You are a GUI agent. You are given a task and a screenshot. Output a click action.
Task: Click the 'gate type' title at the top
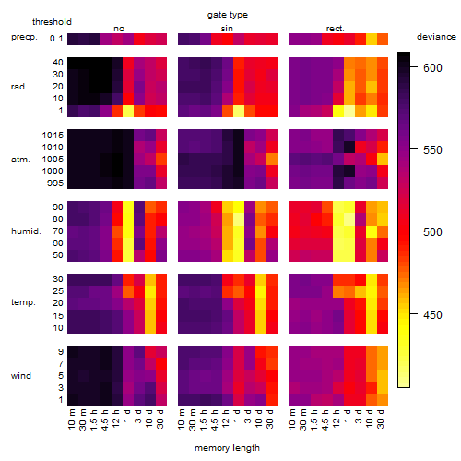pyautogui.click(x=228, y=15)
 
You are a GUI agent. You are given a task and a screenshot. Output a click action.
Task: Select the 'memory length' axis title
pyautogui.click(x=227, y=448)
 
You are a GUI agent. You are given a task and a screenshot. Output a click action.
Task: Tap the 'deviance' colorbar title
pyautogui.click(x=436, y=37)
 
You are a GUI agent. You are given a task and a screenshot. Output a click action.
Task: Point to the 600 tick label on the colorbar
pyautogui.click(x=432, y=67)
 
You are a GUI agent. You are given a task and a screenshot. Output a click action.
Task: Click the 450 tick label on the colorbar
pyautogui.click(x=432, y=314)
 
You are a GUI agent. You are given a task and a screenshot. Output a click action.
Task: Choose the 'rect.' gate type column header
pyautogui.click(x=335, y=29)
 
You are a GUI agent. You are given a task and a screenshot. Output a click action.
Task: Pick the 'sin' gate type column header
pyautogui.click(x=227, y=29)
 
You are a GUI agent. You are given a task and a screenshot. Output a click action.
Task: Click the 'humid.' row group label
pyautogui.click(x=26, y=231)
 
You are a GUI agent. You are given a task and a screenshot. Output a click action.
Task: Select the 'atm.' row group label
pyautogui.click(x=20, y=160)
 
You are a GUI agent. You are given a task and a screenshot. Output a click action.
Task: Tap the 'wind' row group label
pyautogui.click(x=21, y=376)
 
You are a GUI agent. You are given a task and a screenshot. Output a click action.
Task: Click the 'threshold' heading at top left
pyautogui.click(x=52, y=22)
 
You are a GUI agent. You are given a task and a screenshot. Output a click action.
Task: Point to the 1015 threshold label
pyautogui.click(x=53, y=136)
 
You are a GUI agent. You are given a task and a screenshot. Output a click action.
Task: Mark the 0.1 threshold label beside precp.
pyautogui.click(x=56, y=39)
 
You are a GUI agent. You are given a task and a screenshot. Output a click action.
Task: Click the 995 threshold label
pyautogui.click(x=55, y=183)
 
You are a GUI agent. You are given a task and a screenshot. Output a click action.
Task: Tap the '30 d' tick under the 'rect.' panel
pyautogui.click(x=381, y=419)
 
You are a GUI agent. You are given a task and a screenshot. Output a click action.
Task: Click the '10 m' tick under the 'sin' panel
pyautogui.click(x=182, y=419)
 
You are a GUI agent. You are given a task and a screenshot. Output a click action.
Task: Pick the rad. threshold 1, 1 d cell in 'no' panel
pyautogui.click(x=128, y=111)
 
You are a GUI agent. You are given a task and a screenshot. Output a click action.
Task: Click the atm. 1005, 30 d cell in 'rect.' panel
pyautogui.click(x=383, y=160)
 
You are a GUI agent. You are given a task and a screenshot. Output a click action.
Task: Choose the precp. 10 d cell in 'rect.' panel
pyautogui.click(x=372, y=39)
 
